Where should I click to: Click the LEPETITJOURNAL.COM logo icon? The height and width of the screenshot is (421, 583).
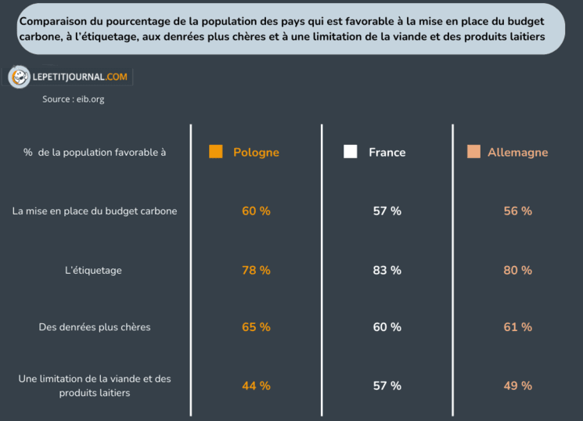(19, 77)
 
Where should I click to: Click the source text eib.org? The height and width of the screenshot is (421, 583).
(73, 99)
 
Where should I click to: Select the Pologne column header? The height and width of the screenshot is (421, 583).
(256, 153)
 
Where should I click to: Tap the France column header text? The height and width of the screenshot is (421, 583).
(387, 153)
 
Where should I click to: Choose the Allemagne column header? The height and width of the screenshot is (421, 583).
(517, 153)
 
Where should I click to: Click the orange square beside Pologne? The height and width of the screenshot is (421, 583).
(216, 152)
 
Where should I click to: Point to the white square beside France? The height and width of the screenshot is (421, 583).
(350, 152)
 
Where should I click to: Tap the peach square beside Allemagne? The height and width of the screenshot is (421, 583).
(473, 152)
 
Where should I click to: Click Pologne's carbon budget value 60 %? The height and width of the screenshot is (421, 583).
(256, 211)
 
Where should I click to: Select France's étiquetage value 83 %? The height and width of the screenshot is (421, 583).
(387, 270)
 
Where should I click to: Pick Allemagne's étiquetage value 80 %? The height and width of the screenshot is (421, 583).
(517, 270)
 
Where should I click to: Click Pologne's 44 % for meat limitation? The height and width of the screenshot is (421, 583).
(256, 386)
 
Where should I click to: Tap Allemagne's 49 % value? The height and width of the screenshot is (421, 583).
(517, 386)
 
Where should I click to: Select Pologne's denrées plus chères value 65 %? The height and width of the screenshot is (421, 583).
(256, 327)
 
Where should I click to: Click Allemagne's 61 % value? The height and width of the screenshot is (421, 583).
(517, 327)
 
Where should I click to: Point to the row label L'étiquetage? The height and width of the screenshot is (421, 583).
(93, 271)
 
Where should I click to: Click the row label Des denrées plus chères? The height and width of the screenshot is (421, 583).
(95, 327)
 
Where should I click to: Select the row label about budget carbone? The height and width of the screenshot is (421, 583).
(95, 211)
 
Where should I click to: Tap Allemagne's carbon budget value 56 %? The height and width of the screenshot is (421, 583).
(517, 211)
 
